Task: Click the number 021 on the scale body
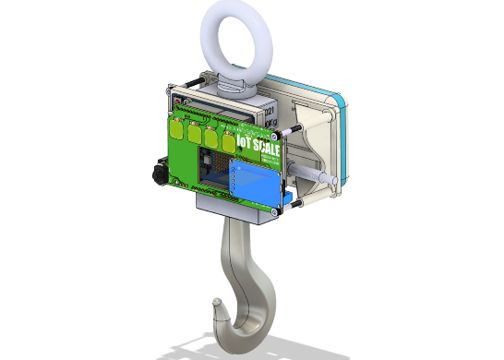tap(270, 107)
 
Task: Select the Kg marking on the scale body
tap(270, 121)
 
